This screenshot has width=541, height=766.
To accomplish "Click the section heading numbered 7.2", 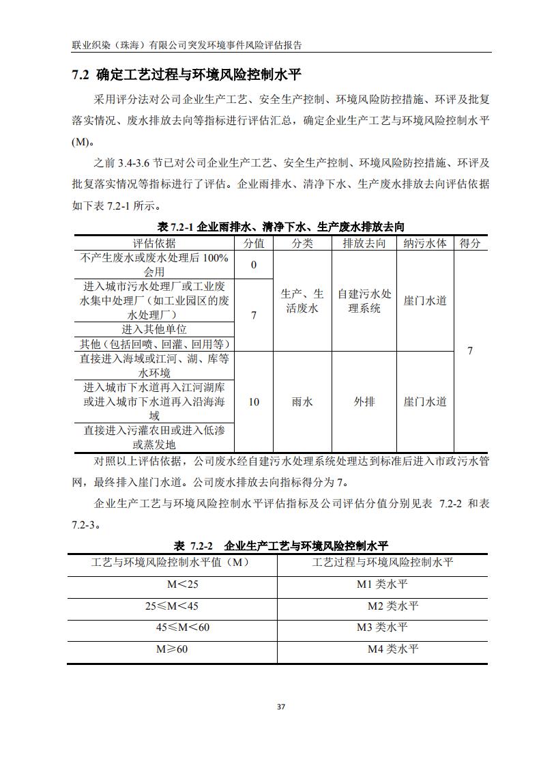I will coord(186,74).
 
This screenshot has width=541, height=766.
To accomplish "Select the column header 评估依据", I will coord(154,244).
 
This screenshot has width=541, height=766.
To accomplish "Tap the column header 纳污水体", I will coord(425,244).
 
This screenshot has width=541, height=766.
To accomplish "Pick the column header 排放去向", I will coord(364,244).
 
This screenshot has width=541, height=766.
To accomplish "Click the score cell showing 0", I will coord(254,265).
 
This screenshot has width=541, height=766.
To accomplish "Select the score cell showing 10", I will coord(254,401).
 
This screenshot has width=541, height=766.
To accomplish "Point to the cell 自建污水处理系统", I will coord(364,301).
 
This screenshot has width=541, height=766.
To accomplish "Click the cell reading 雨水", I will coord(302,401).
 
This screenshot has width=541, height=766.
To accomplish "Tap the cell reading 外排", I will coord(364,401).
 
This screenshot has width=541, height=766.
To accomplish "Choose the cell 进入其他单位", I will coord(154,329).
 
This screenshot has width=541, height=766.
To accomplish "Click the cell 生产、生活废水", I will coord(302,301).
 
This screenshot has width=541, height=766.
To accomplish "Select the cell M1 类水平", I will coord(383,584).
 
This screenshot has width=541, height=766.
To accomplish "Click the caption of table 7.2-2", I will coord(280,545).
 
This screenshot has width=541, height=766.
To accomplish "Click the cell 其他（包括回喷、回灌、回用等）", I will coord(154,343).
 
